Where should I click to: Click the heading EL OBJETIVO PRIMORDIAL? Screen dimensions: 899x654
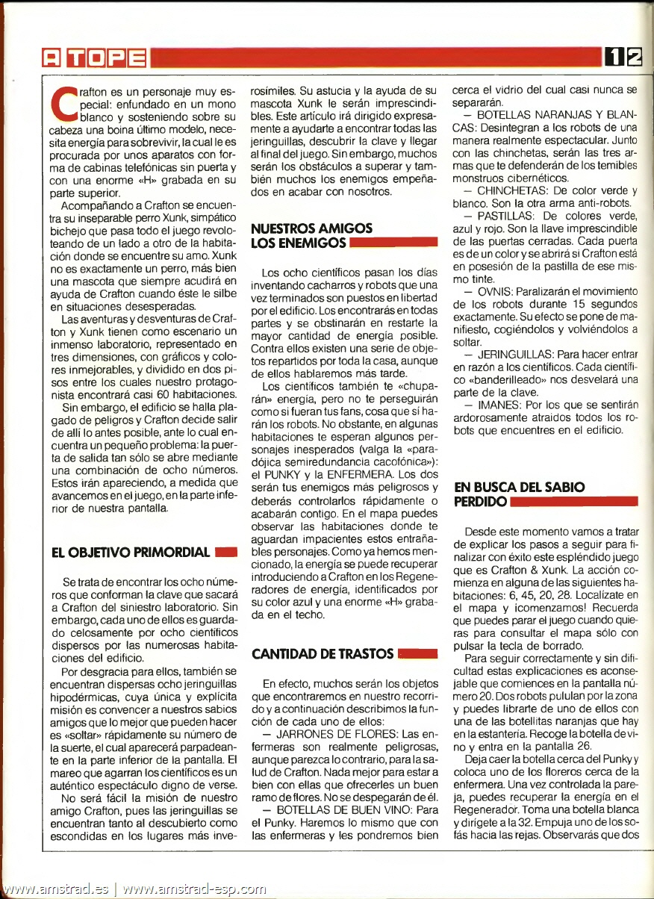(130, 553)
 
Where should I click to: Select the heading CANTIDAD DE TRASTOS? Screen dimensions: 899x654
(323, 654)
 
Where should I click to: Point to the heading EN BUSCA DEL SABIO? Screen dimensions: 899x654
(520, 486)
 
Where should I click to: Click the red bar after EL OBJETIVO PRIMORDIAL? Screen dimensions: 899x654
(225, 553)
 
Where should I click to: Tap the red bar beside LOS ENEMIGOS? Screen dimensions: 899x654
(393, 243)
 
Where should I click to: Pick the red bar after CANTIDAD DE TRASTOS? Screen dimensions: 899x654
(418, 654)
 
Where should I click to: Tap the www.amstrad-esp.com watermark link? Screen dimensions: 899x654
(194, 889)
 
